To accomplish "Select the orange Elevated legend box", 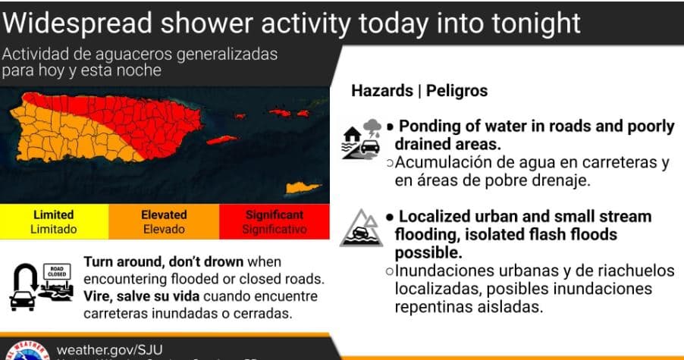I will pos(165,221).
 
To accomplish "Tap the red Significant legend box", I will pos(275,221).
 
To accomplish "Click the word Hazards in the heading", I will pos(381,91).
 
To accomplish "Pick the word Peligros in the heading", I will pos(457,91).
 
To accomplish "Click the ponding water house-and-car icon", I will pos(362,137).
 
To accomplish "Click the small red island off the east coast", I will pos(222,140).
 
